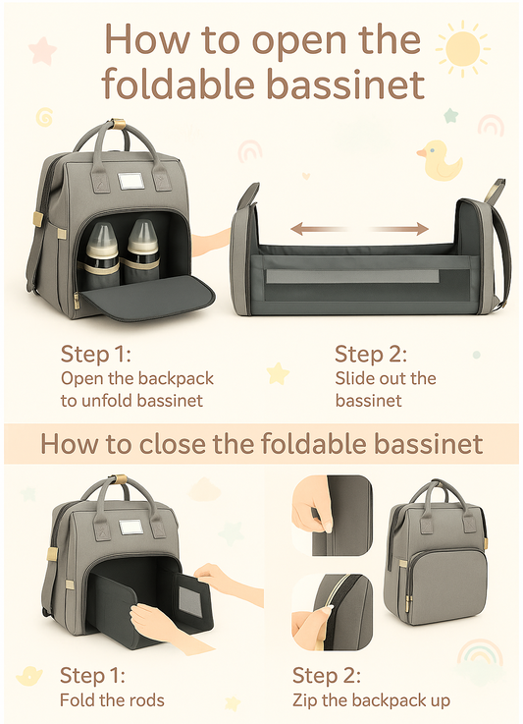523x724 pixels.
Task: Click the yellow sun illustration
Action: click(462, 48)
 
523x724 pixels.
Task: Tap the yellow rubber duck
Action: click(440, 161)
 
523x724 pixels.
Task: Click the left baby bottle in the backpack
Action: click(101, 254)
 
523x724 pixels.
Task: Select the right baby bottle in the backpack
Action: click(142, 251)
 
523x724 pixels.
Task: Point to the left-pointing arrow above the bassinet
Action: click(318, 228)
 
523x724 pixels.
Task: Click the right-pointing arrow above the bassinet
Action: click(399, 228)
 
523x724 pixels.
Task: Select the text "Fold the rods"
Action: click(112, 700)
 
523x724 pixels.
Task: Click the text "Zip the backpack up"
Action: click(371, 700)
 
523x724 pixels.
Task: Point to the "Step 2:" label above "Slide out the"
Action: click(371, 355)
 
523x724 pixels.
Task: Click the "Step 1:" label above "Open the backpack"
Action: click(96, 355)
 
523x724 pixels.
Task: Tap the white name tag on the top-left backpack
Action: click(131, 181)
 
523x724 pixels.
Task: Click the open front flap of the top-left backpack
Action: click(147, 297)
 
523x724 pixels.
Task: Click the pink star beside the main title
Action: click(42, 50)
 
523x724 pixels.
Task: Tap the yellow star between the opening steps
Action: click(278, 373)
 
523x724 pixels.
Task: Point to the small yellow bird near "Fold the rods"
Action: click(29, 676)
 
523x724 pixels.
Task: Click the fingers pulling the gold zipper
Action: click(312, 626)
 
